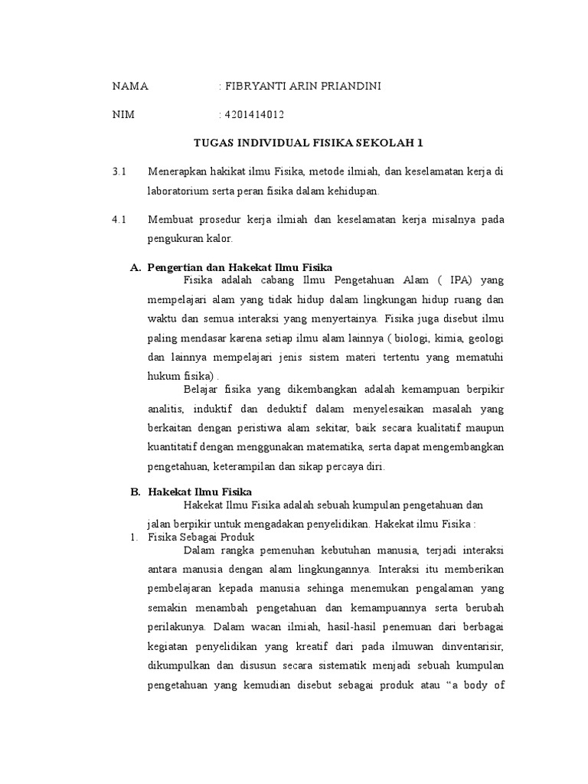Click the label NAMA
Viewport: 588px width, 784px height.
pyautogui.click(x=130, y=87)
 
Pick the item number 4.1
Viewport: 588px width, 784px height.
pyautogui.click(x=118, y=220)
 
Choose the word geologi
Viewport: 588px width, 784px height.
pyautogui.click(x=487, y=338)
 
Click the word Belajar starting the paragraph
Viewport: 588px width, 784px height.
pyautogui.click(x=201, y=389)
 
